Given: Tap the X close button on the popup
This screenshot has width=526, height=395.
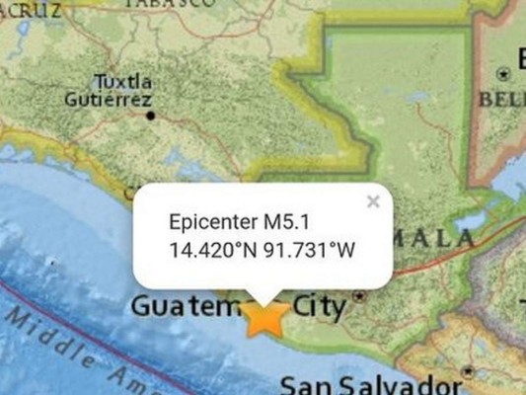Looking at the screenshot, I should [x=373, y=201].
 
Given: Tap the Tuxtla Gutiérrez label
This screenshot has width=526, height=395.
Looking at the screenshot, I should [x=108, y=91].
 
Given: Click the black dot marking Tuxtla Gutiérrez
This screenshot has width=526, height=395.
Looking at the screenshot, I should [x=150, y=116].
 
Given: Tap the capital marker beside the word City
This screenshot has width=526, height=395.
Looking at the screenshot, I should [x=359, y=295].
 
